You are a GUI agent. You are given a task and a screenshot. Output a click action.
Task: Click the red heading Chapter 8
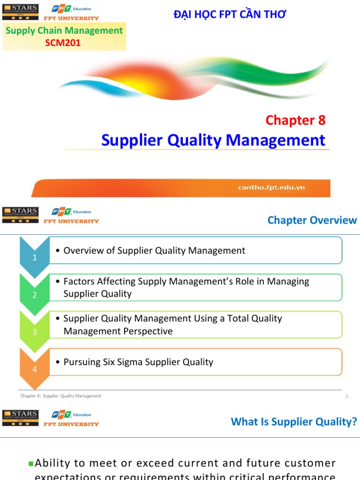[x=295, y=120]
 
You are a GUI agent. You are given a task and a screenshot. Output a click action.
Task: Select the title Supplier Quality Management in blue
[x=213, y=140]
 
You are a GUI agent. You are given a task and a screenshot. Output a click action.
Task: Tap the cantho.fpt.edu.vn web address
[x=271, y=187]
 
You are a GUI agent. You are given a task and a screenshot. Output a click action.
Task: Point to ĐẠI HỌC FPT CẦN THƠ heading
[x=230, y=15]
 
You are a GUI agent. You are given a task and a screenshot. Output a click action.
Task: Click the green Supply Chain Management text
[x=64, y=31]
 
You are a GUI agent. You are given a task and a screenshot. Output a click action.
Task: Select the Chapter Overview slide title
[x=312, y=220]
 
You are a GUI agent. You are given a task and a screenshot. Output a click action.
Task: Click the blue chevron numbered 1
[x=34, y=257]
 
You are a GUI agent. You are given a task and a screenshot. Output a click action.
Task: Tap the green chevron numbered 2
[x=34, y=294]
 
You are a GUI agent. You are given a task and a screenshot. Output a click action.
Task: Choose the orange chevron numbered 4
[x=34, y=369]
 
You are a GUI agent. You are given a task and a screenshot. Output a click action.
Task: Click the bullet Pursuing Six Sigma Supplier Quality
[x=138, y=362]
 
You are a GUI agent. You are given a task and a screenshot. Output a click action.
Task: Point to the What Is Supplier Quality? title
[x=294, y=422]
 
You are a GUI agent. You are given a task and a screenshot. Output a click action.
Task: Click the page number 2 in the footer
[x=346, y=397]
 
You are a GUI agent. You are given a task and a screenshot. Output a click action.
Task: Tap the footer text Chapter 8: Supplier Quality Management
[x=60, y=396]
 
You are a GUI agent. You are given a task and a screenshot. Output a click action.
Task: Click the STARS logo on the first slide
[x=21, y=12]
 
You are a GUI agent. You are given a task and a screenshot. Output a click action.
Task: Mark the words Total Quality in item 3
[x=255, y=318]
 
